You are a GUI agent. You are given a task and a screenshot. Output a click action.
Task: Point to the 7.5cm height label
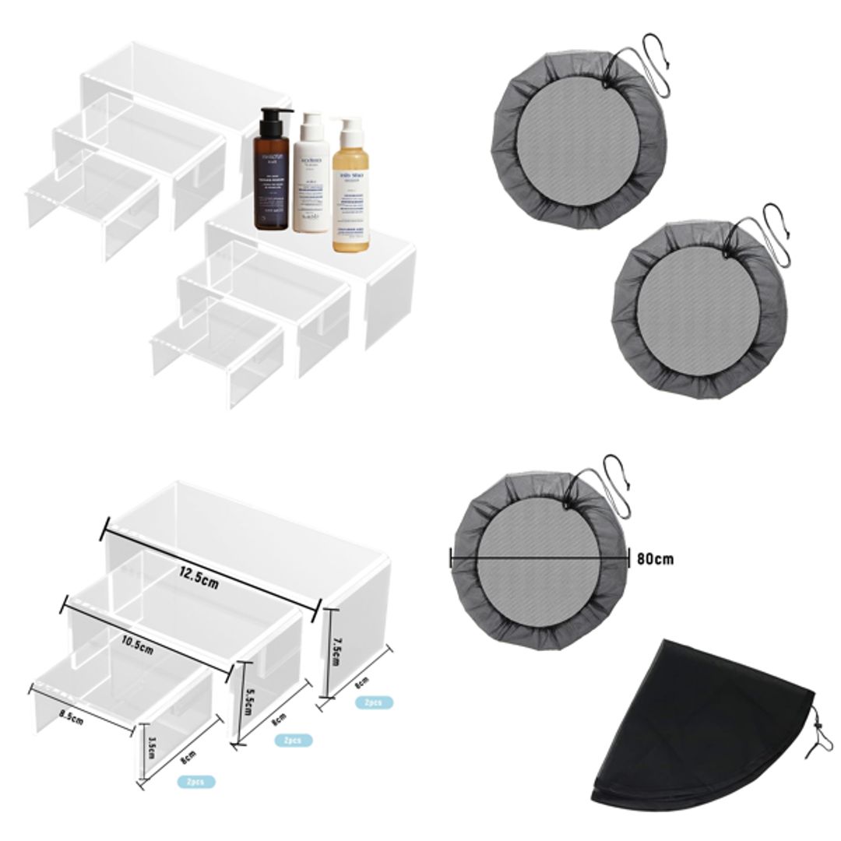pyautogui.click(x=336, y=647)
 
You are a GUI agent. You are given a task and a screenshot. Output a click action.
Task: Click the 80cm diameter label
pyautogui.click(x=655, y=558)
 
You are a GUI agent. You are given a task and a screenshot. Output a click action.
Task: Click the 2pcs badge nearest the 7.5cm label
pyautogui.click(x=373, y=702)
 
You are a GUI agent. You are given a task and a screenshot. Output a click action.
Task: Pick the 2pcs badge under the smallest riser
pyautogui.click(x=195, y=781)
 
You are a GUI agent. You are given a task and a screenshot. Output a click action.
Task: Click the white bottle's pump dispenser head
pyautogui.click(x=311, y=120)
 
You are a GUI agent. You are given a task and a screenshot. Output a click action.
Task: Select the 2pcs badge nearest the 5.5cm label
pyautogui.click(x=294, y=740)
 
